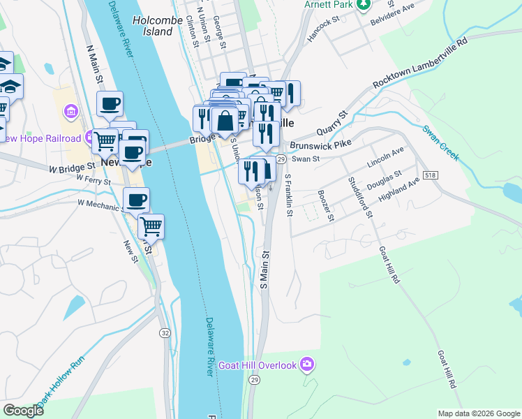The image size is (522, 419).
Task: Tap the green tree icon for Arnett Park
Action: (363, 5)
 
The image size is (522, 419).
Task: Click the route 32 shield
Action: (165, 333)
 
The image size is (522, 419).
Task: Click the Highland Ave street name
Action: (399, 189)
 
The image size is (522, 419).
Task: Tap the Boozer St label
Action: (326, 207)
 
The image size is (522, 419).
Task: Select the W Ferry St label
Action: (94, 179)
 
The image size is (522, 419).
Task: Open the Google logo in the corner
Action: (23, 411)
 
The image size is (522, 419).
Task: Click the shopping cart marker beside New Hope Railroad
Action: (105, 140)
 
